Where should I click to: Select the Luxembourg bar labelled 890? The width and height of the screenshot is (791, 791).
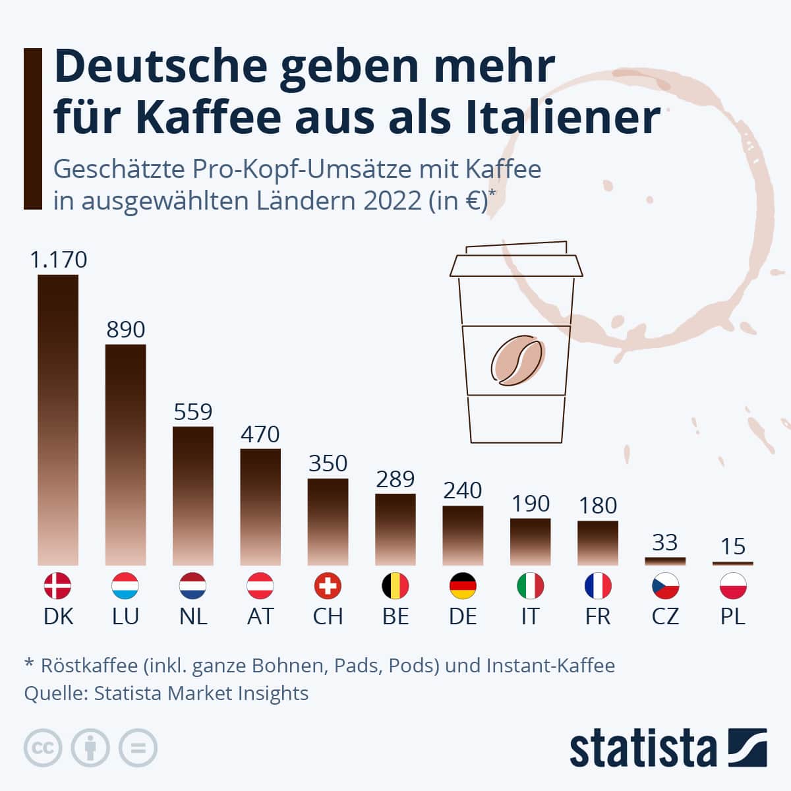(125, 454)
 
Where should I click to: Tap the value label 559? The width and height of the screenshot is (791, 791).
(193, 412)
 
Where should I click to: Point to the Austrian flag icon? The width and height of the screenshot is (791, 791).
(260, 585)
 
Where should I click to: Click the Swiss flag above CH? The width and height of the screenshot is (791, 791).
(328, 585)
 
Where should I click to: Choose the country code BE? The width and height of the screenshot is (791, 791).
(395, 616)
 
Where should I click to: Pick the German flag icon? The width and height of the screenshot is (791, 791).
(463, 585)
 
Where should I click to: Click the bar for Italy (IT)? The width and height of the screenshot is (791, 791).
(530, 541)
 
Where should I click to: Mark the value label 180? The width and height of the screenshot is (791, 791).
(598, 506)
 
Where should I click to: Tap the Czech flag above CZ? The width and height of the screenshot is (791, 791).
(665, 585)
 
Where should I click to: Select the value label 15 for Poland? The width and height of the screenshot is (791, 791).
(733, 546)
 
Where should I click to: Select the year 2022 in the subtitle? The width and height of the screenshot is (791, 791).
(392, 200)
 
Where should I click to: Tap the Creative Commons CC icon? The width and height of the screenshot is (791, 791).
(43, 747)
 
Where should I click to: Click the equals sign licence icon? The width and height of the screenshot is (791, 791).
(138, 747)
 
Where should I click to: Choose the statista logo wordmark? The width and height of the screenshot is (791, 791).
(643, 749)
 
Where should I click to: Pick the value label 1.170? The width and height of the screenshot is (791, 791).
(58, 260)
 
